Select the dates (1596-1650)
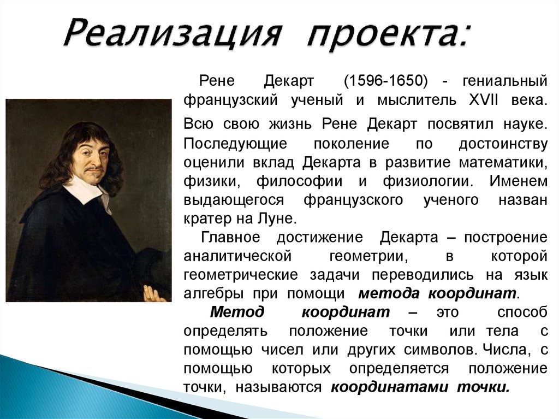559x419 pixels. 386,81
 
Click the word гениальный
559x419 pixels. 505,81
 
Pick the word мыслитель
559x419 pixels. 417,100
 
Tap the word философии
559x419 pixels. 300,181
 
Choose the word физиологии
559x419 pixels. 428,181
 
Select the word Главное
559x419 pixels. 231,237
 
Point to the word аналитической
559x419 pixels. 238,256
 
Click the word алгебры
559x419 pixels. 214,293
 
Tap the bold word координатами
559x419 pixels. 389,387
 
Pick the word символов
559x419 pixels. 441,350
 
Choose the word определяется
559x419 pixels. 399,368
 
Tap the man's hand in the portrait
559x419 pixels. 153,293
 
